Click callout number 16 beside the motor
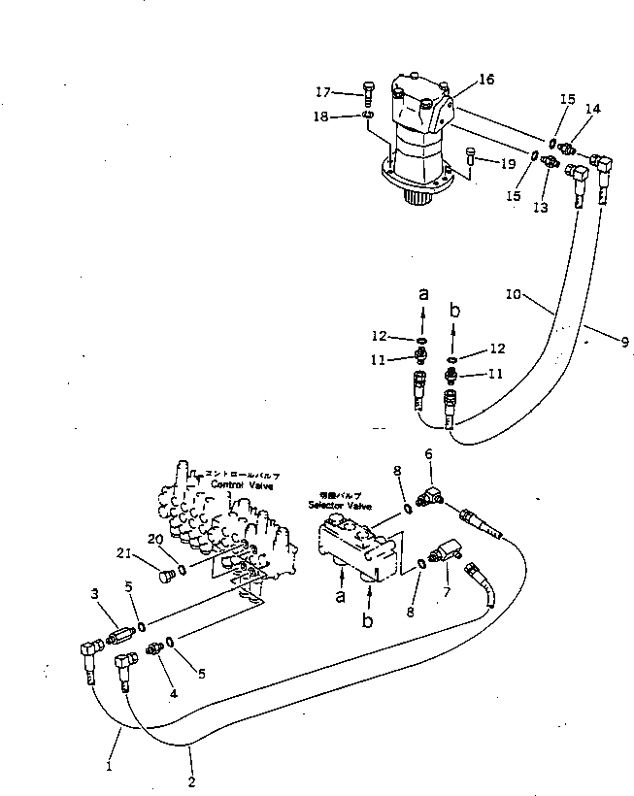click(485, 80)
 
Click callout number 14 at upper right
click(592, 110)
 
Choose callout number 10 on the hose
click(515, 291)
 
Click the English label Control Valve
click(244, 485)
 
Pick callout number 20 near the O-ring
click(156, 539)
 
